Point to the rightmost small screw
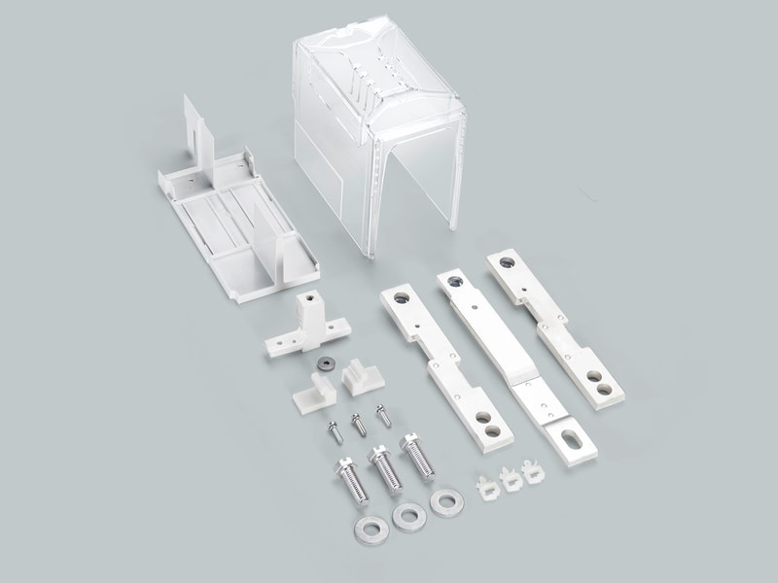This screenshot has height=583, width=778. click(x=380, y=412)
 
